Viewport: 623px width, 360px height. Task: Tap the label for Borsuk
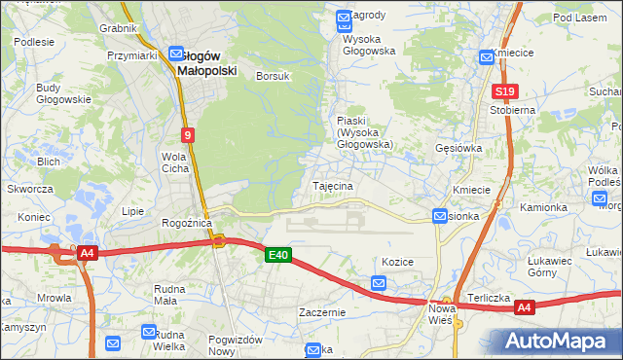(273, 76)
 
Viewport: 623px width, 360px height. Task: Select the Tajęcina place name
(332, 185)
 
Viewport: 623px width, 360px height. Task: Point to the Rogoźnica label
(187, 223)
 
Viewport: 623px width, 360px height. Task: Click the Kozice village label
(398, 263)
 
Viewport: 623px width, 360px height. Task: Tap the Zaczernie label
(323, 313)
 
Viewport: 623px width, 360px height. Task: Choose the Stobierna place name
(513, 111)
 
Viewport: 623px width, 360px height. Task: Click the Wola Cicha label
(175, 162)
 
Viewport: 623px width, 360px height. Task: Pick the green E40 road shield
(277, 255)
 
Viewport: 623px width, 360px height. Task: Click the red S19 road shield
(503, 92)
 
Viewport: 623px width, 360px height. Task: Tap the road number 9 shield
(187, 135)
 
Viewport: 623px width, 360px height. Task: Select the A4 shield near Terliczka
(525, 308)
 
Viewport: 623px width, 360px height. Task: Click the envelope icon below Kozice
(379, 283)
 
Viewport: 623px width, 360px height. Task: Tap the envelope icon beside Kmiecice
(486, 57)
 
